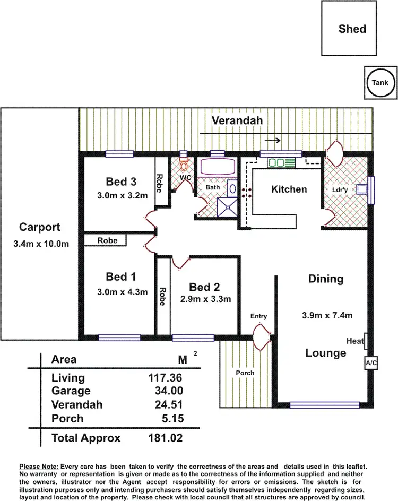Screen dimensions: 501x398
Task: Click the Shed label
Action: click(x=352, y=29)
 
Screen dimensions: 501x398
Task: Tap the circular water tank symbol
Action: click(x=380, y=83)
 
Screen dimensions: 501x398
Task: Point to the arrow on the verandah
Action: click(x=273, y=141)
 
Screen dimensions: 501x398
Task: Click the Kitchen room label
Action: click(x=289, y=189)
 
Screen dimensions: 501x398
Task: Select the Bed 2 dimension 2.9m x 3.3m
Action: click(x=205, y=299)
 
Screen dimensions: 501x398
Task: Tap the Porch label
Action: click(x=245, y=373)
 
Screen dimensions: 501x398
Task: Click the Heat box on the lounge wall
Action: click(x=366, y=341)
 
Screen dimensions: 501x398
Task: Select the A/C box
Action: click(x=370, y=363)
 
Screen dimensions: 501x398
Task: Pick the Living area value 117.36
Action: click(x=165, y=378)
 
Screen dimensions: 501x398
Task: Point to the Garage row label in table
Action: click(x=71, y=391)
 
